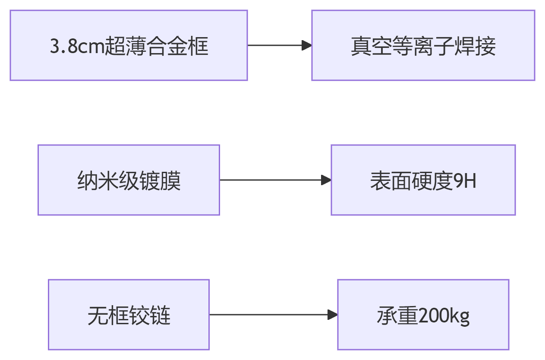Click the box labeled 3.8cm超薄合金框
point(129,45)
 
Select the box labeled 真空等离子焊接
point(423,45)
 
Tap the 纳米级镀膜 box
point(129,180)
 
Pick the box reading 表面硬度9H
point(423,180)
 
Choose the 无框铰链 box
point(129,315)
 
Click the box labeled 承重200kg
point(423,315)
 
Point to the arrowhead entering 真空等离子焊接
point(307,45)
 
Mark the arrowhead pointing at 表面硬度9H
point(326,180)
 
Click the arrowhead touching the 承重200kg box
point(333,315)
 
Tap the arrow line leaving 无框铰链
point(268,315)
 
